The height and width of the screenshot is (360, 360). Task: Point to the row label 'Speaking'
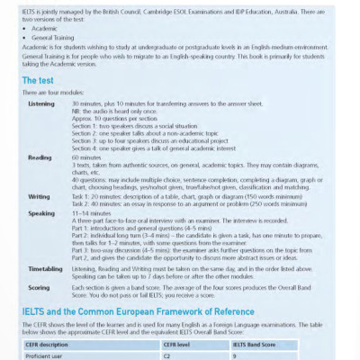41,214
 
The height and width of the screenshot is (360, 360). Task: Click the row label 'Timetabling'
45,268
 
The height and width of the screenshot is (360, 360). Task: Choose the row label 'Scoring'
40,288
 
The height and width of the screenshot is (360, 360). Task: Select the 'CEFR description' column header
54,343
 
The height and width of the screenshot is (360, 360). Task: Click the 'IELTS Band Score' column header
258,343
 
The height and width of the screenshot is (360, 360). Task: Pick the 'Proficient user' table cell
49,355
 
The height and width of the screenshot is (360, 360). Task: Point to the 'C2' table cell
166,355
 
